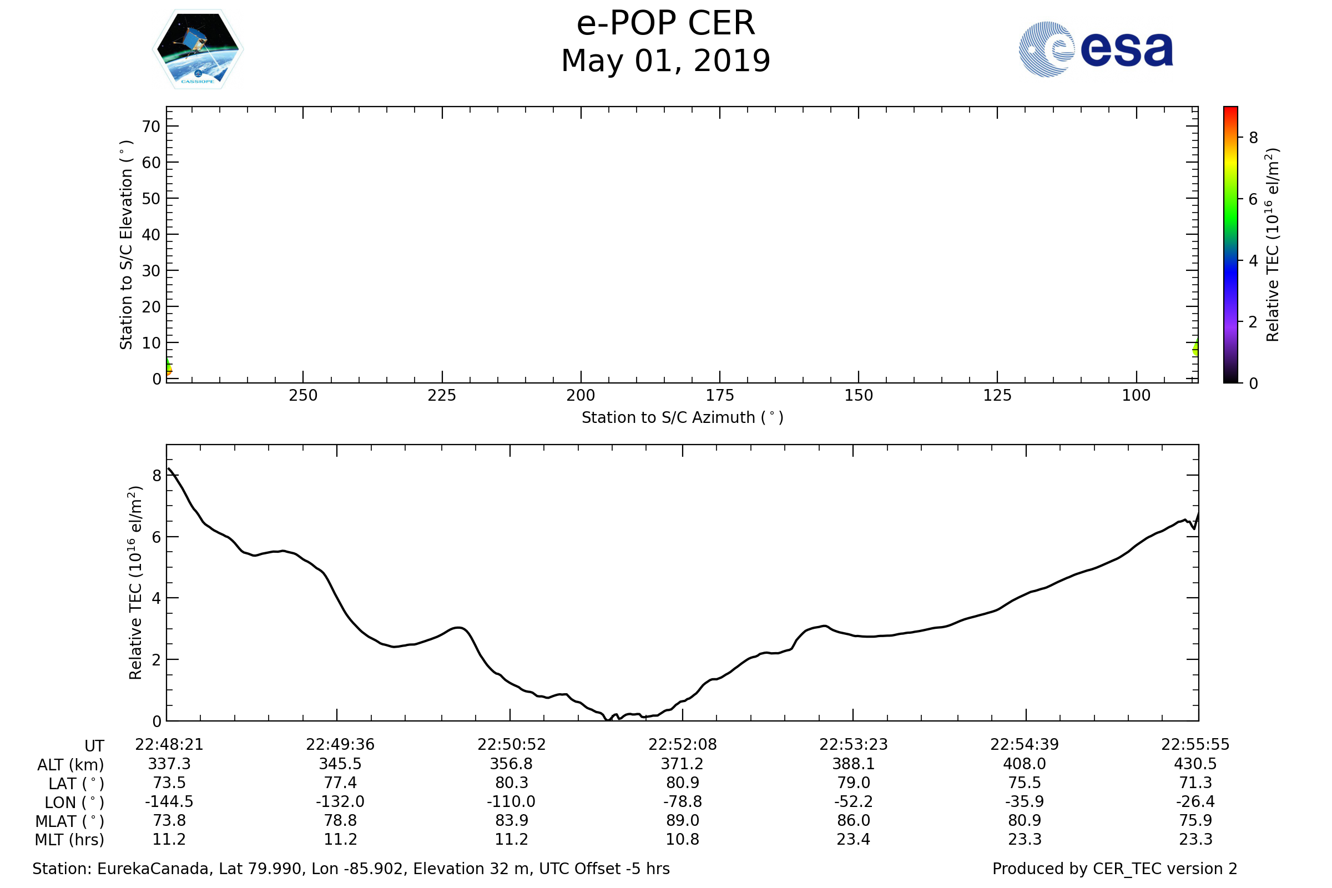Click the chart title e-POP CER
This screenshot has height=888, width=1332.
point(665,24)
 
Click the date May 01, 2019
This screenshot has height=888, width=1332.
point(665,61)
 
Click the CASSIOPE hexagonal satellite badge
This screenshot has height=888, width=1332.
point(198,49)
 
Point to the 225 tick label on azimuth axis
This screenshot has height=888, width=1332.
point(442,396)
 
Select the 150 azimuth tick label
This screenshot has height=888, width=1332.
point(859,396)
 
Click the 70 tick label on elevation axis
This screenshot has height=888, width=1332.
point(151,127)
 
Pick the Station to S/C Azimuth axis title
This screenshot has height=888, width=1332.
point(683,418)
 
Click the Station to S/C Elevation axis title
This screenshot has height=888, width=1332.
point(127,245)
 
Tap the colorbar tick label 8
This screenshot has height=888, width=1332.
point(1253,138)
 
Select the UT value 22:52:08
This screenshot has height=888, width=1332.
point(683,745)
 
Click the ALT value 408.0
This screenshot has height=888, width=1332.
point(1025,764)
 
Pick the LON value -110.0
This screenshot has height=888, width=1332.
point(511,802)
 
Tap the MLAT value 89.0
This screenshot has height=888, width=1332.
point(683,821)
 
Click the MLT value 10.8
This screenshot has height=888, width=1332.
point(683,839)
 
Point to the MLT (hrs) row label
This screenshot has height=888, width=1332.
point(70,840)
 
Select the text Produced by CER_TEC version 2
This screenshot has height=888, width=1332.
point(1114,869)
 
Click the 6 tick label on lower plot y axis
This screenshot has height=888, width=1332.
point(157,537)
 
